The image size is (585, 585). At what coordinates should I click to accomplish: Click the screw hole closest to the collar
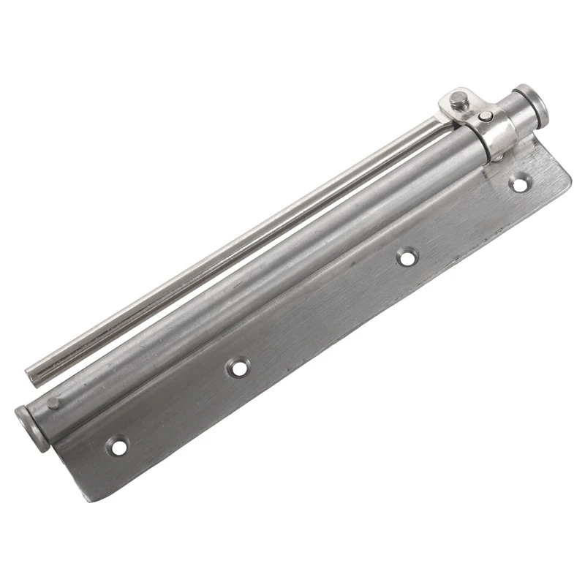520,184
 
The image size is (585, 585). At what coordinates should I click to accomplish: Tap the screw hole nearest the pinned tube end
117,445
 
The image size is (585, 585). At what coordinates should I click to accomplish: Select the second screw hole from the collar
407,257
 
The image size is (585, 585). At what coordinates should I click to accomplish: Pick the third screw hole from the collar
238,366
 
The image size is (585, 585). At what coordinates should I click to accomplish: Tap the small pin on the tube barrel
53,403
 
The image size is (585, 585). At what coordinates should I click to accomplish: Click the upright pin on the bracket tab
458,100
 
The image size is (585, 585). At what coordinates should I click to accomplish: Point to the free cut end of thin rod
33,375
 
